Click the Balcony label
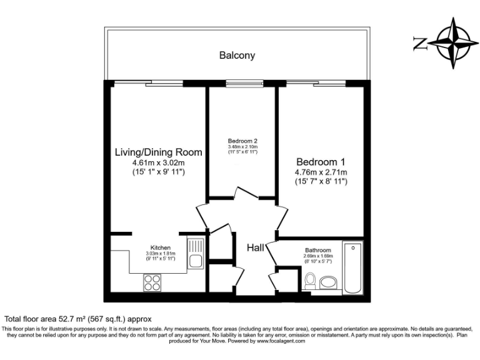pos(237,56)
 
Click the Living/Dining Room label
pos(158,152)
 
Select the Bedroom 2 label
pos(242,141)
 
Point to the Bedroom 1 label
pos(321,159)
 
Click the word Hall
pos(256,248)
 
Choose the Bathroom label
pos(318,250)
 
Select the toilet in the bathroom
pos(308,283)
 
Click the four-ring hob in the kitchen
pos(152,282)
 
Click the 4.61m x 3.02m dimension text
pos(158,162)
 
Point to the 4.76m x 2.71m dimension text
pos(321,172)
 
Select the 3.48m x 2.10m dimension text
pos(242,147)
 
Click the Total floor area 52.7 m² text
pos(78,318)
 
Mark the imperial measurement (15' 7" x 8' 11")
pos(321,181)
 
